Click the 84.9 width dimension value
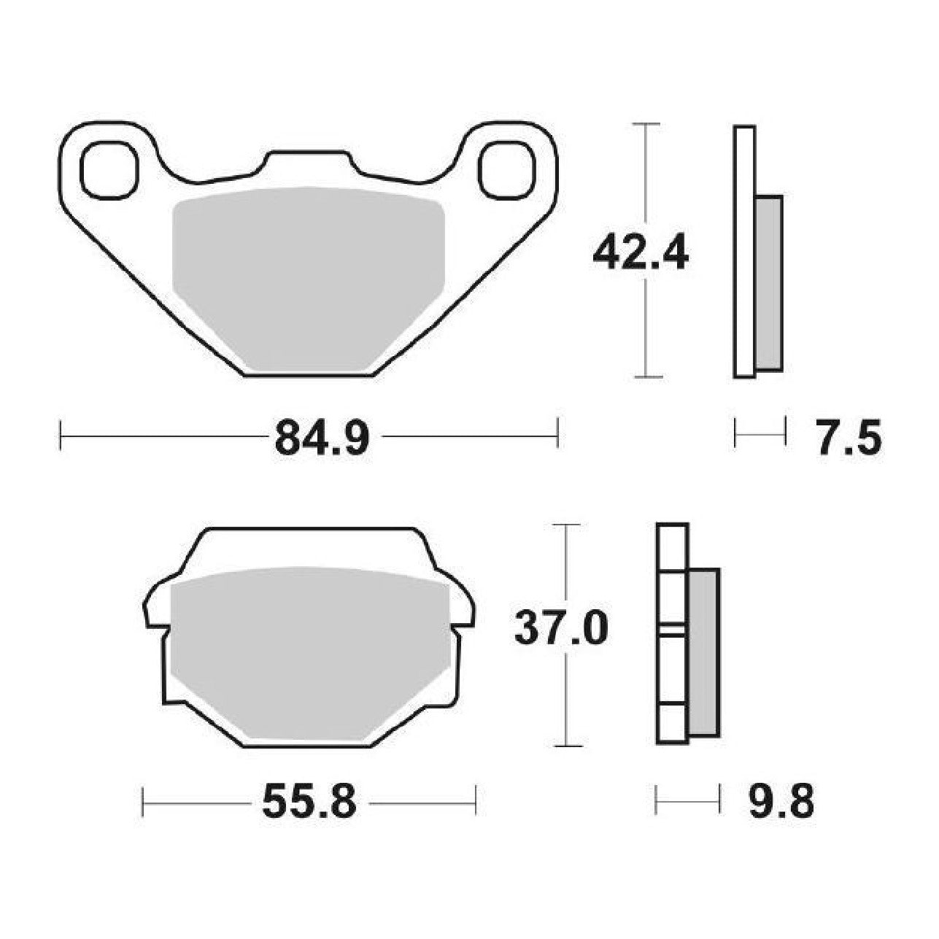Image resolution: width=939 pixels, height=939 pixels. tap(322, 437)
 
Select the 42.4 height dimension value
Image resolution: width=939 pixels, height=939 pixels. tap(641, 254)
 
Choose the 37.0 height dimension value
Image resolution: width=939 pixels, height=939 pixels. tap(561, 629)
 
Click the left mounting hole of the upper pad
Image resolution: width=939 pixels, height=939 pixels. tap(108, 170)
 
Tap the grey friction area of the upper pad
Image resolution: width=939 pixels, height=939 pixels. tap(309, 278)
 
